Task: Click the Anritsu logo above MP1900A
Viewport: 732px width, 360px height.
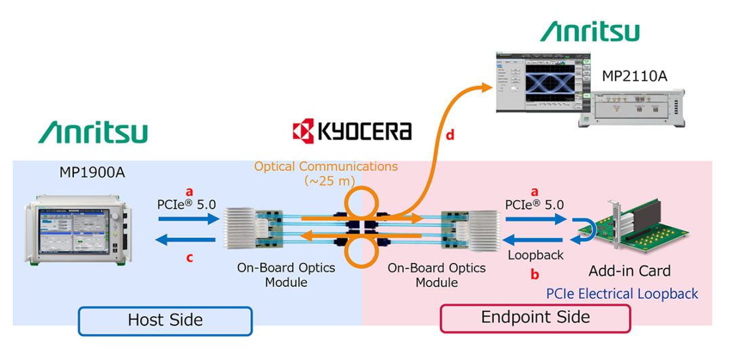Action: click(x=93, y=132)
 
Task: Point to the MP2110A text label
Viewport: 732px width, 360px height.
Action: click(x=634, y=76)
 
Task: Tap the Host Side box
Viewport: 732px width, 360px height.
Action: click(x=165, y=320)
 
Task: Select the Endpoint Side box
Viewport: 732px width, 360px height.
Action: click(x=535, y=317)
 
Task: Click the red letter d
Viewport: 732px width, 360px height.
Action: click(x=449, y=136)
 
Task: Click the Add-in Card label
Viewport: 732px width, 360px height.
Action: click(x=630, y=271)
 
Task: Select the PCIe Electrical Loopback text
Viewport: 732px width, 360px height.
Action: click(x=622, y=294)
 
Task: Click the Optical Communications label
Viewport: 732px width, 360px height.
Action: click(x=326, y=166)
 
